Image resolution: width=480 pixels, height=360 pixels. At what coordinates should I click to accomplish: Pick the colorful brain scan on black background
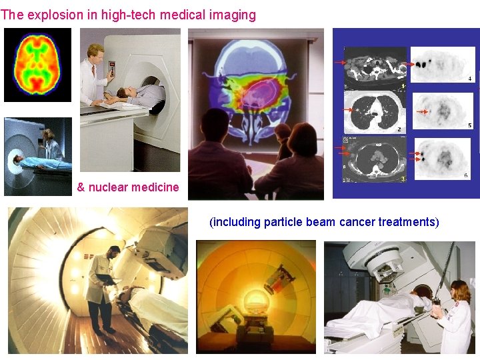(37, 65)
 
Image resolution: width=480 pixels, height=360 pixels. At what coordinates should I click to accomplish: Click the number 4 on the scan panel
(469, 79)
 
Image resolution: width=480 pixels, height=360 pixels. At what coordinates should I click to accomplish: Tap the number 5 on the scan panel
(469, 125)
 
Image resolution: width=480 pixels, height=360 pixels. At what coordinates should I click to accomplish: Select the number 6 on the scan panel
(465, 175)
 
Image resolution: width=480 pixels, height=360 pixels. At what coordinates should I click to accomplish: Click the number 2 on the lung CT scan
(399, 129)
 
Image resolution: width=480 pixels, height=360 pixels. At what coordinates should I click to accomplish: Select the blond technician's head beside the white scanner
(95, 51)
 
